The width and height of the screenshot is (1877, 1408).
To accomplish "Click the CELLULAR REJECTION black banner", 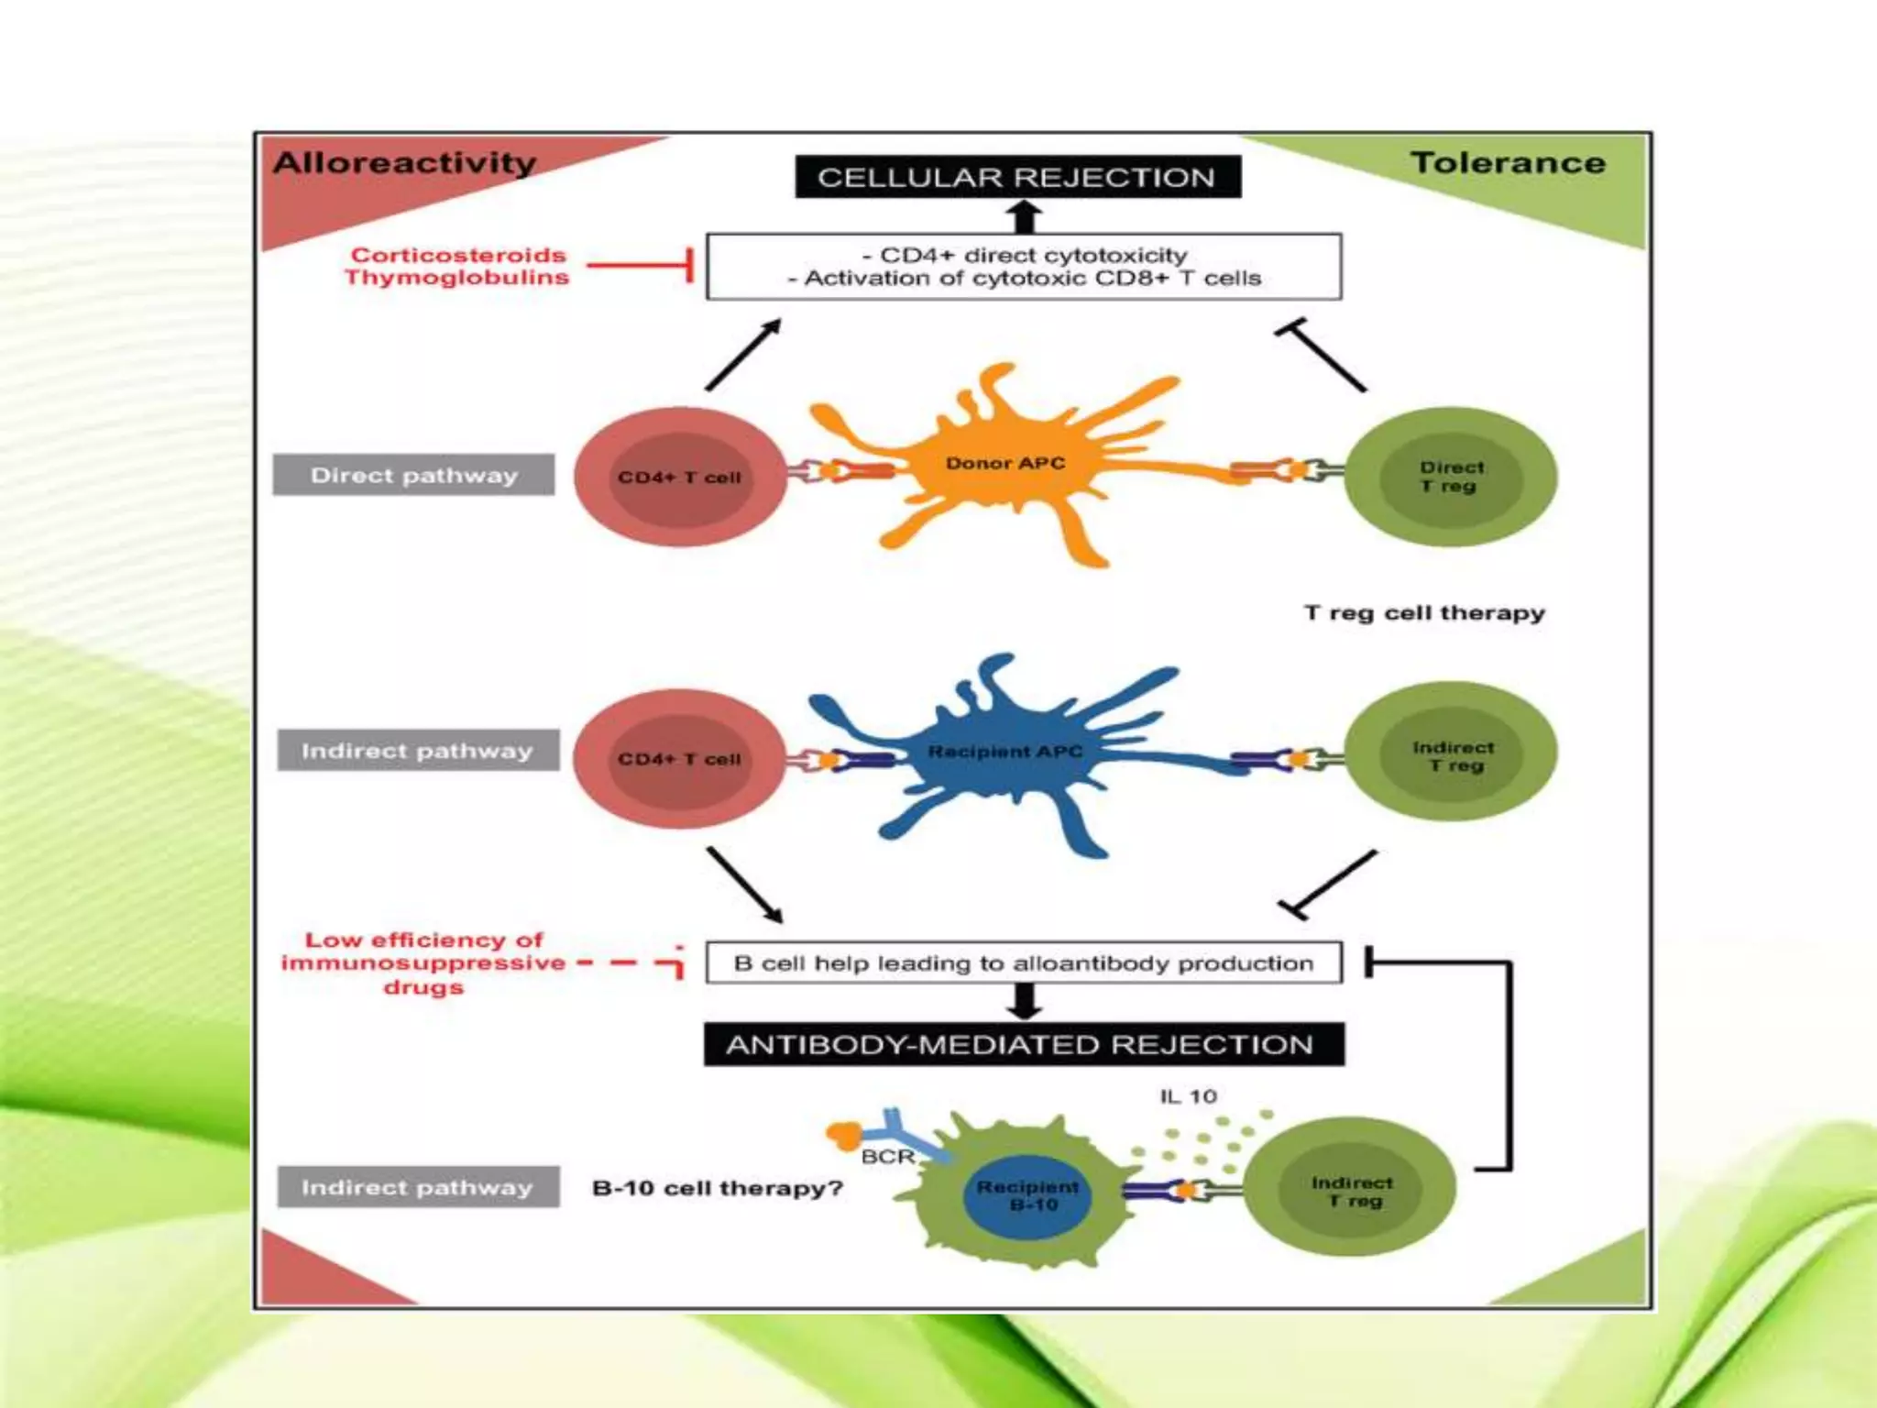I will coord(1017,177).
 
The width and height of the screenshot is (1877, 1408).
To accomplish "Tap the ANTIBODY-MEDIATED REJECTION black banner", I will coord(1023,1044).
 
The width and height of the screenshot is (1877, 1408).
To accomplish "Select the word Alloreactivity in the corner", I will coord(404,163).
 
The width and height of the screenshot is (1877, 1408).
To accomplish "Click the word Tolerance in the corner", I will coord(1508,163).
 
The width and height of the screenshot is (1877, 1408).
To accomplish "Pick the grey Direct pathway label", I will coord(414,475).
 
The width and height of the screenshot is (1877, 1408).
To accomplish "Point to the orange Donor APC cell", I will coord(1005,464).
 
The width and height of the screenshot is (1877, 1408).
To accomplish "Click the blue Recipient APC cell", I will coord(1005,753).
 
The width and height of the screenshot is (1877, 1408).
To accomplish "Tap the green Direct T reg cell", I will coord(1451,477).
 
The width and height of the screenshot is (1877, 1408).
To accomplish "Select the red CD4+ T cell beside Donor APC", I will coord(680,478).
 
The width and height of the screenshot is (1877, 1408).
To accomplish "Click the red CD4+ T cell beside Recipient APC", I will coord(680,759).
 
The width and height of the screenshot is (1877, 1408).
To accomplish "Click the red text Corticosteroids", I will coord(458,255).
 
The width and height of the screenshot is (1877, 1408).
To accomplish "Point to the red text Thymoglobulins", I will coord(456,277).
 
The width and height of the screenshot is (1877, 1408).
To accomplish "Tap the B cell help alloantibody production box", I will coord(1023,963).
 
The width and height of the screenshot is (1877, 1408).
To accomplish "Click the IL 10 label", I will coord(1188,1096).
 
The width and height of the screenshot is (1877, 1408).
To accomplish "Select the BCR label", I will coord(887,1157).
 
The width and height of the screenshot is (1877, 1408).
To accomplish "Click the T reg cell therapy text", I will coord(1424,612).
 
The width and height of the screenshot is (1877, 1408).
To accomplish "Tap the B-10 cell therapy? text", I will coord(717,1188).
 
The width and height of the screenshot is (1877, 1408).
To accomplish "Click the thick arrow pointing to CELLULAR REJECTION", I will coord(1024,216).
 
